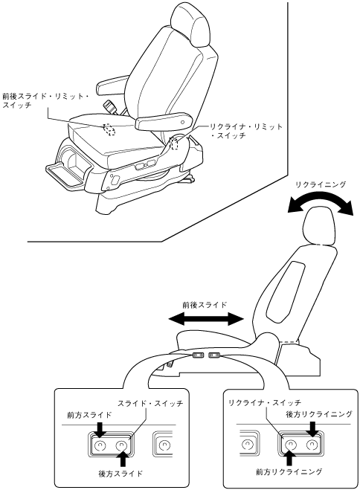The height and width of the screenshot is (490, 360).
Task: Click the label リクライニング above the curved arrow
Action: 321,184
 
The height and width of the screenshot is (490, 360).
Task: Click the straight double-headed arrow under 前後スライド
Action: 206,320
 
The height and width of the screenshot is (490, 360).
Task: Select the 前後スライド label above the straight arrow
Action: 205,304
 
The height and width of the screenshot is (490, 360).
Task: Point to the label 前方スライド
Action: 89,415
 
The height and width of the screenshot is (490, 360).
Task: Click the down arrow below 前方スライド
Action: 100,430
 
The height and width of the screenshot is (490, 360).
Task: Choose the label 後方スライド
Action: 120,473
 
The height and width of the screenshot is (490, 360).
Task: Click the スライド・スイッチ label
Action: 150,403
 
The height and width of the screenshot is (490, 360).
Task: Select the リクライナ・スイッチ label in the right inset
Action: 265,402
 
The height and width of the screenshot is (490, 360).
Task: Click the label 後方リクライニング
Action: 319,414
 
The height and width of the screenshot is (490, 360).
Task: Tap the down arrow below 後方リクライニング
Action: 312,428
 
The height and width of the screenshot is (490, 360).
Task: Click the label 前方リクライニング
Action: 289,472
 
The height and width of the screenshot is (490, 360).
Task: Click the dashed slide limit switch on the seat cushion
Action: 109,129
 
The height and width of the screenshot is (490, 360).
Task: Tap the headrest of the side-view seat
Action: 319,225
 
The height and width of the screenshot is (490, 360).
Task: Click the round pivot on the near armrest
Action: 183,122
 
